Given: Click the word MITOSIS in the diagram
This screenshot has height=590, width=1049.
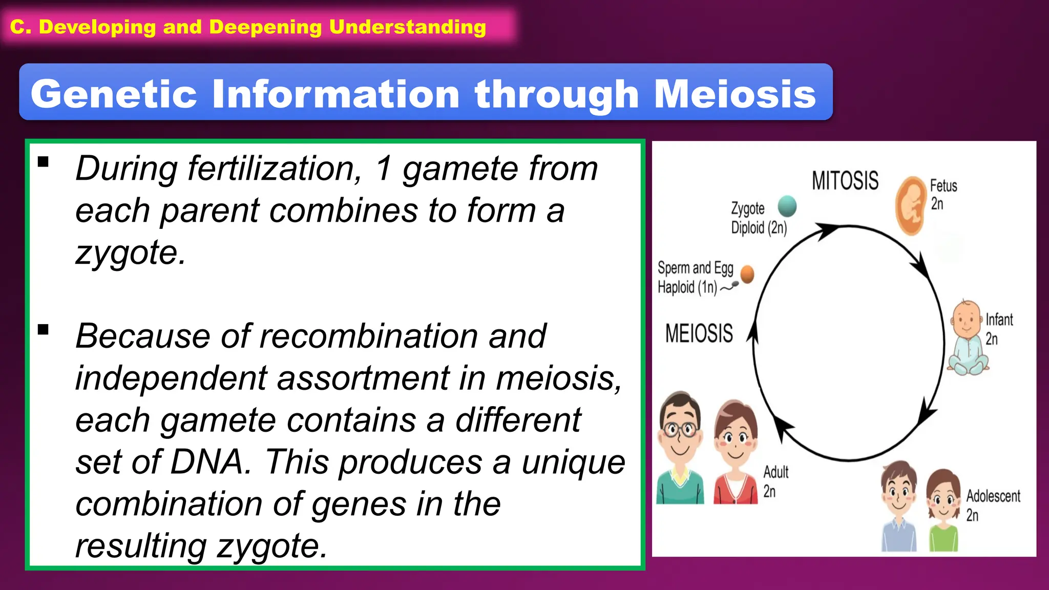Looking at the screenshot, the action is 845,181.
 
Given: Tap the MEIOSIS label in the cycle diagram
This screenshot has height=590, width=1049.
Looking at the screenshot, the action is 699,333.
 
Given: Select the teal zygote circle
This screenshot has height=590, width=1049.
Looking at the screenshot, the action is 787,206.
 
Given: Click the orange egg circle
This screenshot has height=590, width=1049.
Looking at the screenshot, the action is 747,274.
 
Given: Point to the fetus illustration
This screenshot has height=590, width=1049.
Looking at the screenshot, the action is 911,205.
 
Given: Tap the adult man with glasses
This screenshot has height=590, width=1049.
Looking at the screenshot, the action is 680,449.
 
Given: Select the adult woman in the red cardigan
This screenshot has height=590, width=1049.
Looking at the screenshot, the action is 736,454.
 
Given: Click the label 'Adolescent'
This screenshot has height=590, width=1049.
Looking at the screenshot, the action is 993,496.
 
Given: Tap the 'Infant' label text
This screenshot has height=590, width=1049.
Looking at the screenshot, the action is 999,320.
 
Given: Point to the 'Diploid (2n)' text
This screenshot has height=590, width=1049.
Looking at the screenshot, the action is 759,227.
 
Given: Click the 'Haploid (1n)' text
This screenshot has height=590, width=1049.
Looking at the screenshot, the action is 687,287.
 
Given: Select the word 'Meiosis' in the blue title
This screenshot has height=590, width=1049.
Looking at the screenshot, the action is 735,94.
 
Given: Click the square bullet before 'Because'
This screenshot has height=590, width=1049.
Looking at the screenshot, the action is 44,329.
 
